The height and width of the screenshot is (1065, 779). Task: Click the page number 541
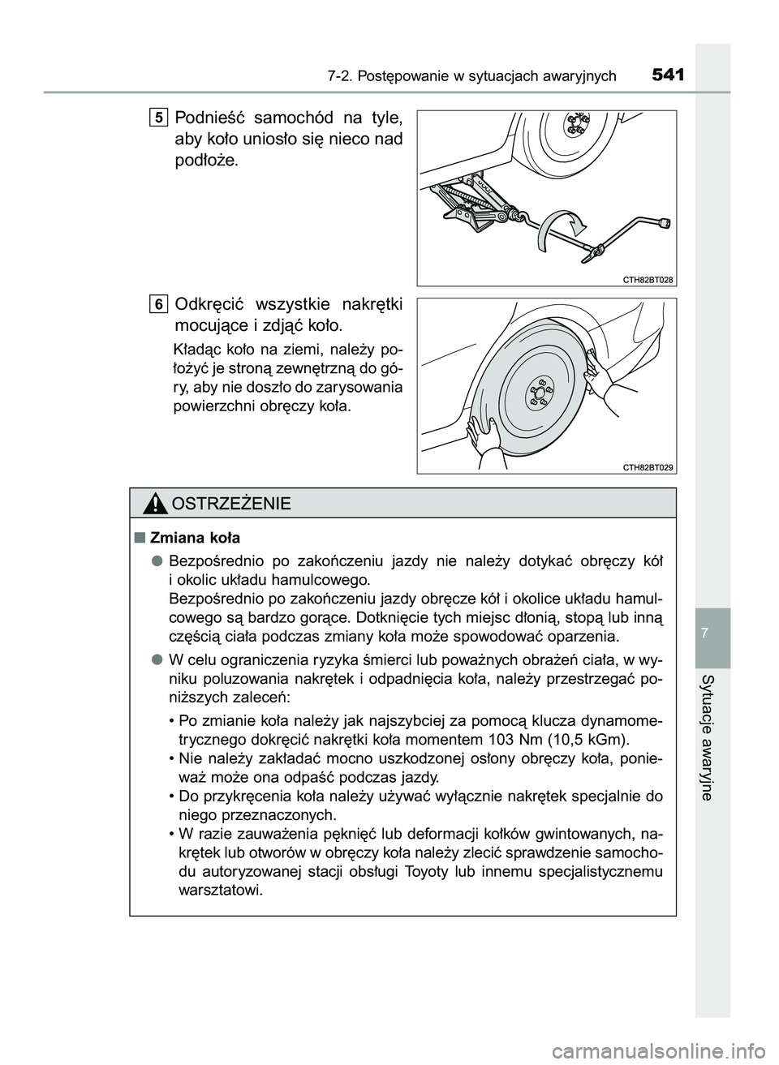[668, 76]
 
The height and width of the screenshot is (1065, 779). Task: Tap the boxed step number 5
[159, 118]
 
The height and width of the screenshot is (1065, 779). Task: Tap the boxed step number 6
[159, 304]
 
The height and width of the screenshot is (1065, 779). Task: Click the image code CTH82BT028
[648, 279]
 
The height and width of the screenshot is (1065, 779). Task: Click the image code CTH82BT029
[648, 466]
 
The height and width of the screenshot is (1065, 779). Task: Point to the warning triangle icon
[153, 504]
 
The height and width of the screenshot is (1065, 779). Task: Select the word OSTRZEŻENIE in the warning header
[230, 505]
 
